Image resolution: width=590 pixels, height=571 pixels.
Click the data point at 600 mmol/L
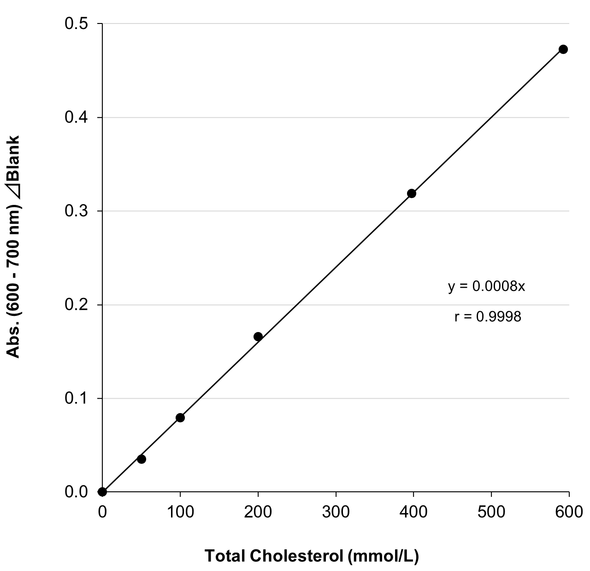coord(563,49)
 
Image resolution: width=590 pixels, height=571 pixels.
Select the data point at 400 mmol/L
coord(412,193)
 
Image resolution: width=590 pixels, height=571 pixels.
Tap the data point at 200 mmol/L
coord(258,337)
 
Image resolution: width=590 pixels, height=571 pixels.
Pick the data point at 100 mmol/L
coord(180,418)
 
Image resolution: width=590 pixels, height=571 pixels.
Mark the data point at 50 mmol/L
coord(142,459)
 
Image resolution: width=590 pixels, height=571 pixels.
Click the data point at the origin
coord(102,492)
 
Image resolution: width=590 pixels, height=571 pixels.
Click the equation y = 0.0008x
coord(487,286)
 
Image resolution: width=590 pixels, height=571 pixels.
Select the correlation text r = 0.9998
coord(488,317)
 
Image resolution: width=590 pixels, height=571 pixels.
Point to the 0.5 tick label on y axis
coord(77,24)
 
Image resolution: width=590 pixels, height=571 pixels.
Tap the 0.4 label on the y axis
coord(77,118)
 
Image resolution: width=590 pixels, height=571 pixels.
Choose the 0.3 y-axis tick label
coord(77,211)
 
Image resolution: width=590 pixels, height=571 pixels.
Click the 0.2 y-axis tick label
coord(77,305)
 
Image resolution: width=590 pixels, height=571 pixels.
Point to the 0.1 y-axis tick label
coord(77,398)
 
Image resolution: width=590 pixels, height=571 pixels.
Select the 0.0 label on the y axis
coord(77,492)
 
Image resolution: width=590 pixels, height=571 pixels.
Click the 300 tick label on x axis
coord(336,511)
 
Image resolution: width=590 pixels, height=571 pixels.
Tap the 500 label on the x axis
coord(491,511)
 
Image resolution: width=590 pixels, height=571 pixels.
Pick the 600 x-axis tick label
coord(569,511)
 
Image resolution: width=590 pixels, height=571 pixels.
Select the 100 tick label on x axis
coord(180,511)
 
